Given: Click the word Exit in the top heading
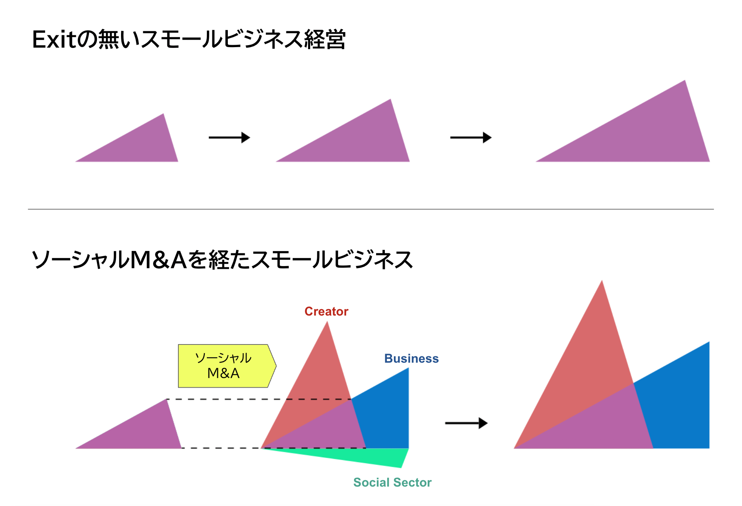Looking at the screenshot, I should (x=53, y=40).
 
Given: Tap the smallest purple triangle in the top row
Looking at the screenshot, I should (x=142, y=146).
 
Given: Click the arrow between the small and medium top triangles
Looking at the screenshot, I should (x=229, y=137).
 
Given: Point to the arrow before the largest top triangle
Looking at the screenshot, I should (x=471, y=137).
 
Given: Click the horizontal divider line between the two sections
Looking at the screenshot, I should (x=371, y=209).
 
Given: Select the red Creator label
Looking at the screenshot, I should (x=326, y=312).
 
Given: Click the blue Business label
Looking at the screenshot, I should (x=411, y=359).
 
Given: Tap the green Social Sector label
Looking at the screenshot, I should (x=392, y=482).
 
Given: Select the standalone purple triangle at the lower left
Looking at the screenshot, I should (x=142, y=432).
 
